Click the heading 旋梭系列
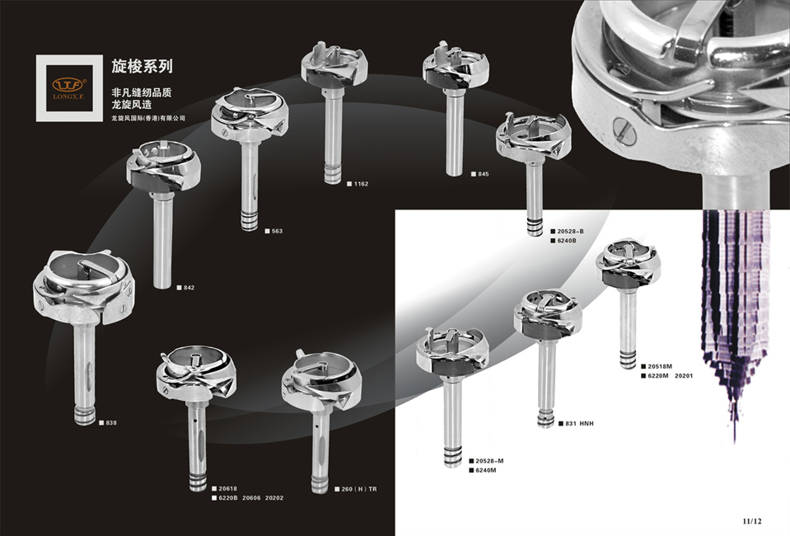pos(142,64)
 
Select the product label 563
pos(277,231)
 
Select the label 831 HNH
pos(579,423)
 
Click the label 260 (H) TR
pos(359,489)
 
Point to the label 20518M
pos(660,366)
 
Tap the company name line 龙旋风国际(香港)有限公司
pos(148,118)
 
